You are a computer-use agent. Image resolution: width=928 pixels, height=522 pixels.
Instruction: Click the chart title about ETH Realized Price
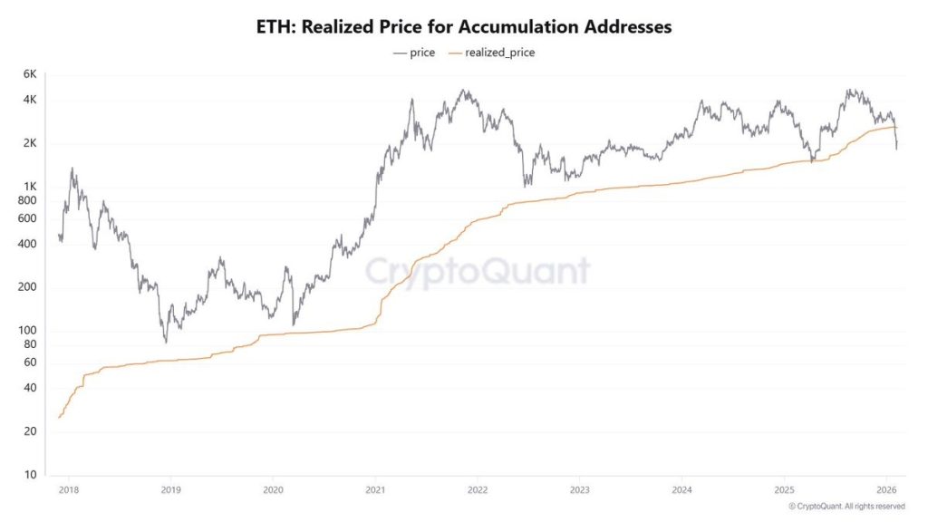[464, 26]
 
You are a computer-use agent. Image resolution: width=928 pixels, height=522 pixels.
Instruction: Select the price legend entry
[415, 53]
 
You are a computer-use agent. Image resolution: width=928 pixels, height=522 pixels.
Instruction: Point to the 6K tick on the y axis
[29, 73]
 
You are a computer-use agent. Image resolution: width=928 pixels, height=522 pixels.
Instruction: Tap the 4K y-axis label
[29, 100]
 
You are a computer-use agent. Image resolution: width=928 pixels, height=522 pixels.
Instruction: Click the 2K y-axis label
[29, 143]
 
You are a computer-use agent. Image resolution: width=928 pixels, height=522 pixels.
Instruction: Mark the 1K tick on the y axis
[29, 187]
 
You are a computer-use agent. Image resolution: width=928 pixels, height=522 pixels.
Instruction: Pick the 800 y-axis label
[27, 200]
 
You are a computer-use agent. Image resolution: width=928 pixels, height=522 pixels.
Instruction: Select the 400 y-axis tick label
[27, 244]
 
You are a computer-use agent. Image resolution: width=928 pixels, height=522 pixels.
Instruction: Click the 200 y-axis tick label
[27, 287]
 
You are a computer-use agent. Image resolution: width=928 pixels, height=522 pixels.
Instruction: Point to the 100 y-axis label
[27, 331]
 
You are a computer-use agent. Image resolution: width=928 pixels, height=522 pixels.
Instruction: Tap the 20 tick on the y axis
[30, 431]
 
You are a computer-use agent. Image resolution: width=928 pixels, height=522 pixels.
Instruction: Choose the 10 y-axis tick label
[30, 475]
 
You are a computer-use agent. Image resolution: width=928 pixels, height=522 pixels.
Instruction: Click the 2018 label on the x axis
[69, 489]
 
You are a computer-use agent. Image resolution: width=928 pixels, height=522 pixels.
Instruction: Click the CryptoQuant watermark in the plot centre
[478, 271]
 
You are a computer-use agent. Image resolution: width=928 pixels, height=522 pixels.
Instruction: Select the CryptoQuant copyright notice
[846, 506]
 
